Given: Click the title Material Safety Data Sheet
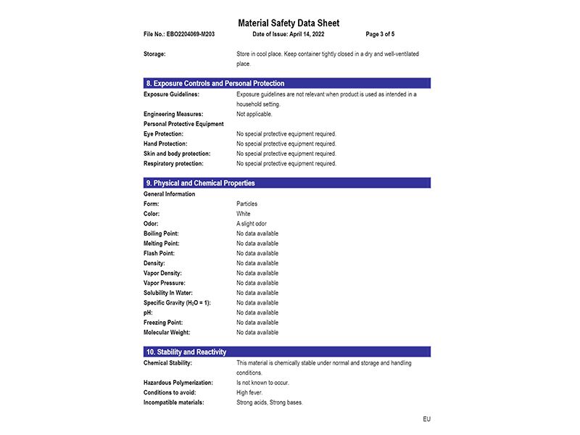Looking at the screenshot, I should pos(289,23).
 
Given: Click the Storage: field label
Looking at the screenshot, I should pos(154,54).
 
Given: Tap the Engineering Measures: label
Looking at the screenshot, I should pos(173,114).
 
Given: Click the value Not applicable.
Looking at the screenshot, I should pos(254,114).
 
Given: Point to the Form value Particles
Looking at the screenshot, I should pos(246,204).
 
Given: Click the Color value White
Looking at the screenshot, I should pos(244,214).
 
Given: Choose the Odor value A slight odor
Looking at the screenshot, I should pos(252,224).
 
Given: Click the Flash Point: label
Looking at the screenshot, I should pos(160,254).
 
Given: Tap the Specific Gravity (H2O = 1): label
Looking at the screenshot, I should pos(177,303).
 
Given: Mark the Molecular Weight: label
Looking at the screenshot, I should pos(167,333).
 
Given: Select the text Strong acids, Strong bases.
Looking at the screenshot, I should pos(270,402).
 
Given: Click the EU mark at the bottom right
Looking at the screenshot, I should pos(427,419).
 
